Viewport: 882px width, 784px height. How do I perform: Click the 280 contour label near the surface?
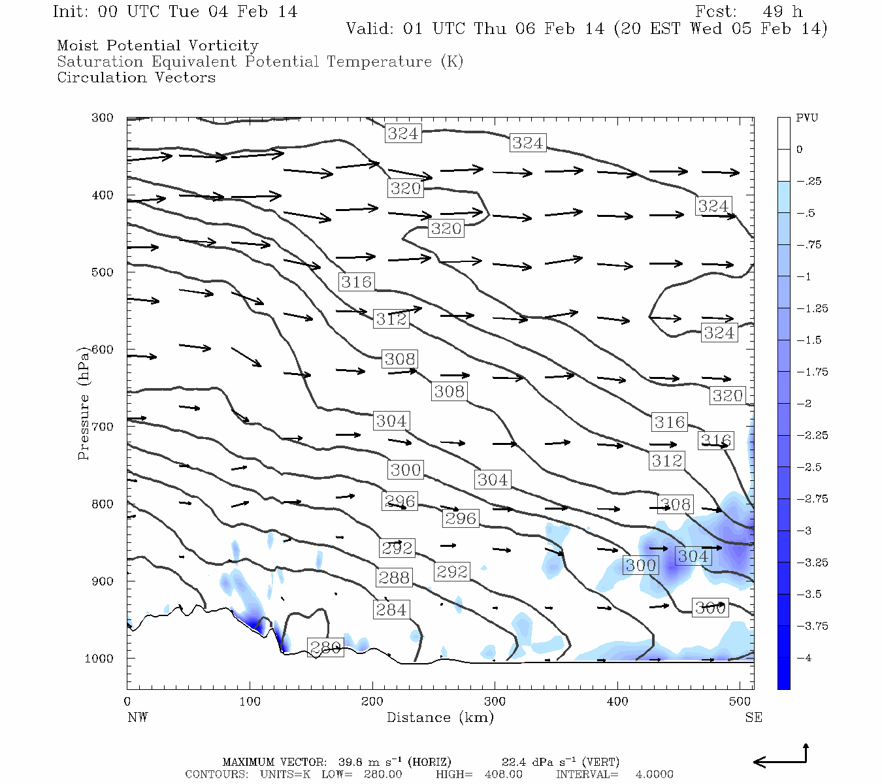click(x=325, y=647)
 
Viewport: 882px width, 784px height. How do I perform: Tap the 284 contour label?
click(x=391, y=610)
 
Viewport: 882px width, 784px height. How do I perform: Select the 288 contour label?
click(x=393, y=578)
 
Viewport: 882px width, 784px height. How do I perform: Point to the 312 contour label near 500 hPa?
click(x=391, y=319)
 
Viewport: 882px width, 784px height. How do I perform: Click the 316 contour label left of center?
click(x=356, y=282)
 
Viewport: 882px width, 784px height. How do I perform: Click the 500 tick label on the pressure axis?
click(x=102, y=272)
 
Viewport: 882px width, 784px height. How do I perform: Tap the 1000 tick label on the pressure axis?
click(x=99, y=658)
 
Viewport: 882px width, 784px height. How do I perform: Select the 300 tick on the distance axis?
click(x=495, y=701)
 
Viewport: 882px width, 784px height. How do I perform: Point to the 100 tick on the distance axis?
click(x=250, y=701)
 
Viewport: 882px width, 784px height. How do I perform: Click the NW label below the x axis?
click(x=137, y=717)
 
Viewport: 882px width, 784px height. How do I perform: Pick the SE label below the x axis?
click(x=753, y=717)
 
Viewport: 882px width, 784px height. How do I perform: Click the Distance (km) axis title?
click(x=440, y=717)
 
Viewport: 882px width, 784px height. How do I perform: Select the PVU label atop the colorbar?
click(x=807, y=118)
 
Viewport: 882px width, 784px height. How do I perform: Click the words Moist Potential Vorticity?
click(x=157, y=46)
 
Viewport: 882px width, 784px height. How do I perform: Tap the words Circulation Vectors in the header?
click(x=136, y=77)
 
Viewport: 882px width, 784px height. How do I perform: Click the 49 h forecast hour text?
click(x=782, y=12)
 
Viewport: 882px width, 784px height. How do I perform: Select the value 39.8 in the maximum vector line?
click(x=351, y=762)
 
